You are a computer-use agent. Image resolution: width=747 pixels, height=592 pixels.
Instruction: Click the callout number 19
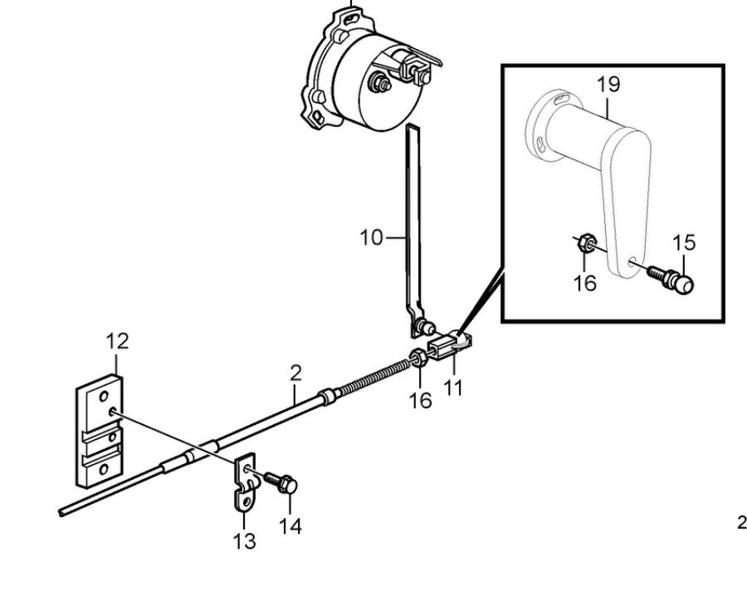point(608,84)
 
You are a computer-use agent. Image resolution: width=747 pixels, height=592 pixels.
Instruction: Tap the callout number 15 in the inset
point(684,243)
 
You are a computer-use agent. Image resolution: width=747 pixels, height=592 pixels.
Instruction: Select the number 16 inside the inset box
point(584,283)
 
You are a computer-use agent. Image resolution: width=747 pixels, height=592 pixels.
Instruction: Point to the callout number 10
point(372,238)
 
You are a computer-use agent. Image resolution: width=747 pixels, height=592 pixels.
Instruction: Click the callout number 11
point(453,387)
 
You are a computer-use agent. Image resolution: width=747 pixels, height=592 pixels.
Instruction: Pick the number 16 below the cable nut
point(420,400)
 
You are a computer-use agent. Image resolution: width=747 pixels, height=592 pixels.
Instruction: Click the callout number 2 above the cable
point(296,373)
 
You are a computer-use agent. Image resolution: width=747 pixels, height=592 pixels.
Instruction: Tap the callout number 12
point(117,340)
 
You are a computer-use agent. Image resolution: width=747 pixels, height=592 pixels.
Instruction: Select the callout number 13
point(245,541)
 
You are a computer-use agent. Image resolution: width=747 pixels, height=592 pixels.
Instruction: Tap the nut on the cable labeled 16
point(419,359)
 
